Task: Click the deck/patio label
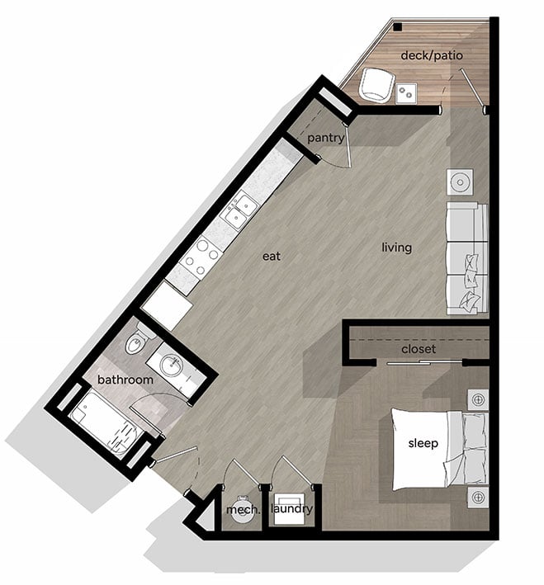click(x=431, y=55)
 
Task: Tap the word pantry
click(x=325, y=138)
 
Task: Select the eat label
click(x=272, y=257)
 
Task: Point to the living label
click(x=396, y=248)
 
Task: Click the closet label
click(x=418, y=349)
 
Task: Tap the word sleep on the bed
click(x=423, y=444)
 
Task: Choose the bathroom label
click(x=125, y=380)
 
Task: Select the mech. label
click(x=243, y=510)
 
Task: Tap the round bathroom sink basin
click(x=173, y=366)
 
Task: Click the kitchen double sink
click(x=239, y=211)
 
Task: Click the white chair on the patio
click(x=376, y=84)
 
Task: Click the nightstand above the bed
click(x=477, y=399)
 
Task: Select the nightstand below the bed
click(x=477, y=498)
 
